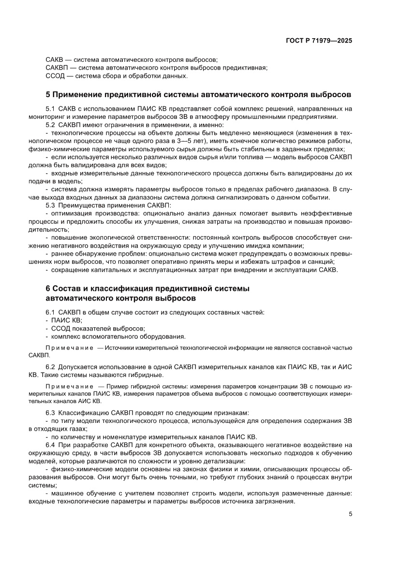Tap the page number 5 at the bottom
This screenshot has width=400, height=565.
[350, 514]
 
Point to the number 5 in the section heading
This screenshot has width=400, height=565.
[47, 94]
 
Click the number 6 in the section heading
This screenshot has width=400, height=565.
[47, 289]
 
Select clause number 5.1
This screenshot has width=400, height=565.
[50, 109]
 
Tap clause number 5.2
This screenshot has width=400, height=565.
[50, 125]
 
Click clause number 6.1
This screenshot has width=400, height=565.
[50, 312]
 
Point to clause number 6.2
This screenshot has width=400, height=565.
[50, 367]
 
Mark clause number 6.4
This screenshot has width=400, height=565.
[50, 444]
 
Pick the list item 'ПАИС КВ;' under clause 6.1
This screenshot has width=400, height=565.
[67, 320]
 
